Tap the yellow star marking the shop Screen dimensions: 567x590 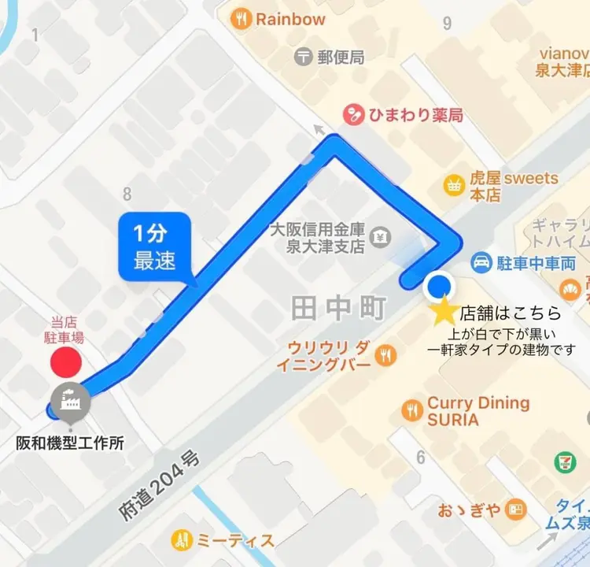[444, 312]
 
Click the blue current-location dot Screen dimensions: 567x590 [438, 287]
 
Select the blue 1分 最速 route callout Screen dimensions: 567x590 [154, 247]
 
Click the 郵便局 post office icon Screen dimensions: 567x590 [304, 57]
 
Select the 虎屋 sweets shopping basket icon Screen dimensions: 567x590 [454, 185]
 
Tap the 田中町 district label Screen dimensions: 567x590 [340, 308]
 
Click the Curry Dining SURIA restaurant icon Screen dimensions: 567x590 [411, 409]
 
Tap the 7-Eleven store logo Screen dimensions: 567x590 [563, 462]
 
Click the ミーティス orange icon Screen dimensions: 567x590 [182, 539]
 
